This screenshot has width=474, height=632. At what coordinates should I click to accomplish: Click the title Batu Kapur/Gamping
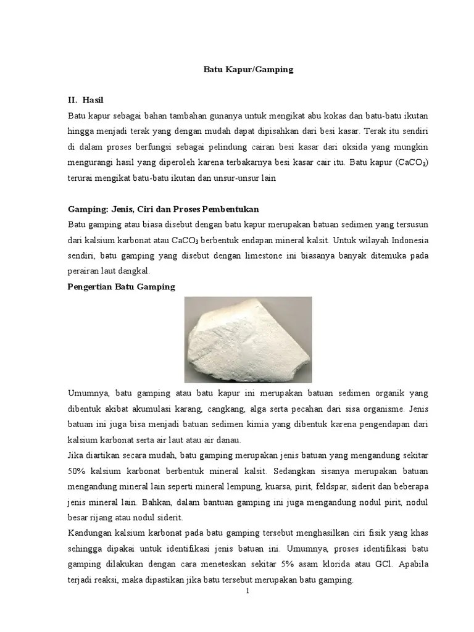pyautogui.click(x=248, y=70)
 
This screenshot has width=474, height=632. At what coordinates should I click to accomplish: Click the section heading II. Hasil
pyautogui.click(x=90, y=99)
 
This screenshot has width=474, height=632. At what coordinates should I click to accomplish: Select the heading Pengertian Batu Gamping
pyautogui.click(x=121, y=286)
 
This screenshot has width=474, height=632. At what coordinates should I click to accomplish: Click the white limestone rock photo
pyautogui.click(x=248, y=339)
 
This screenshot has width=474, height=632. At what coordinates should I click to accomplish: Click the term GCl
pyautogui.click(x=369, y=564)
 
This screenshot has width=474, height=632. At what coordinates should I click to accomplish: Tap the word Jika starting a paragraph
pyautogui.click(x=75, y=455)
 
